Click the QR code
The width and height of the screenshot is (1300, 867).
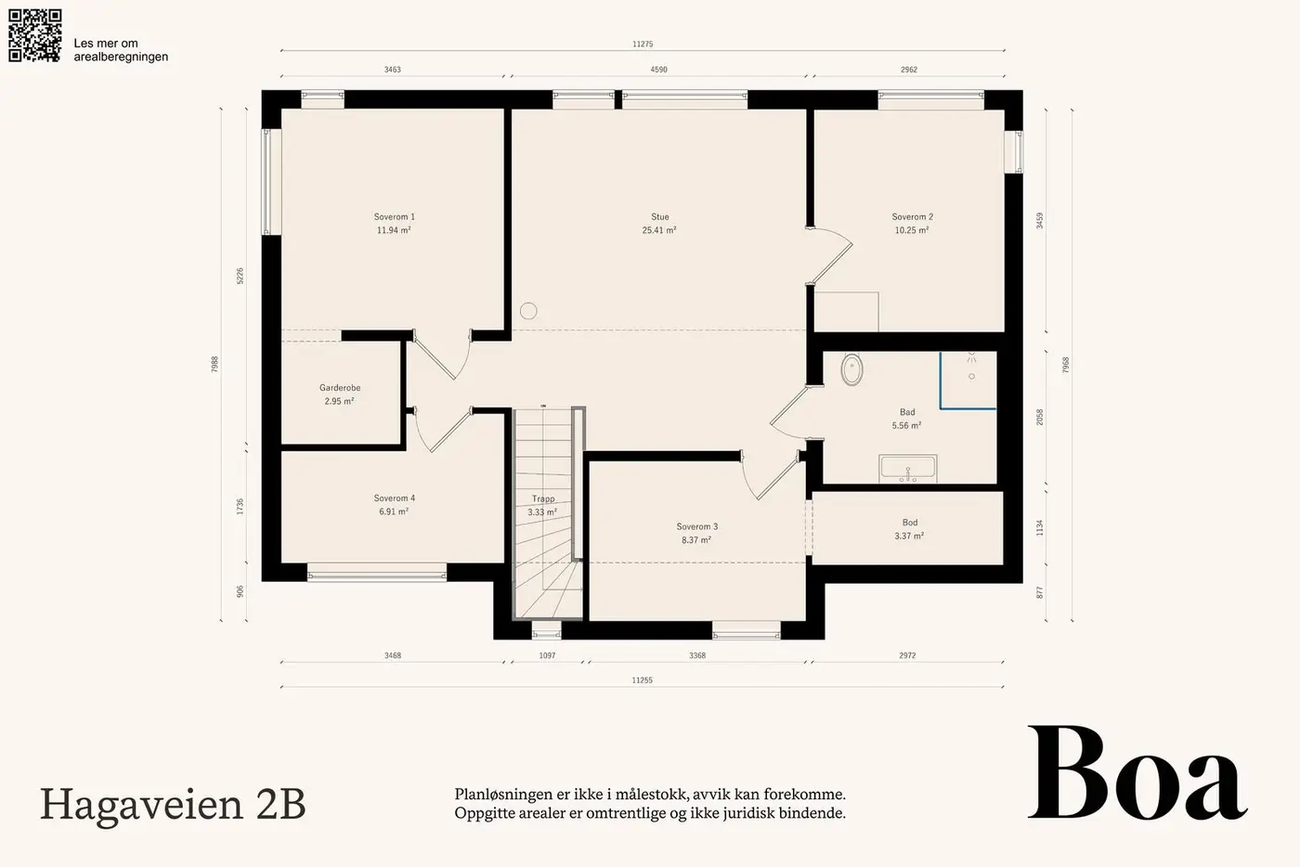[35, 35]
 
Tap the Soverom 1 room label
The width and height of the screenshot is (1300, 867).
[394, 224]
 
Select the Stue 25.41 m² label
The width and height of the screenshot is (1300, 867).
[659, 224]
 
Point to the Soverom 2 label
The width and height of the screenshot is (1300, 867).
[912, 224]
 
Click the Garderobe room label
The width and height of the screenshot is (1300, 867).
[340, 394]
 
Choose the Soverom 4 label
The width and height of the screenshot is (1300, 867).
[394, 505]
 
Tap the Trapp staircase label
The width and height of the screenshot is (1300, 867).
[542, 506]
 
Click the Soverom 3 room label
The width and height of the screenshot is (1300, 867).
[697, 534]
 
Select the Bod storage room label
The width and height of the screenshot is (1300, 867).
[909, 529]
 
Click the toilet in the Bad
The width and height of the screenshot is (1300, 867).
[851, 369]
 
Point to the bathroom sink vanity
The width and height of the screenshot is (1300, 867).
[908, 469]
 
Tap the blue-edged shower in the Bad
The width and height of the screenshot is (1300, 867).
[968, 380]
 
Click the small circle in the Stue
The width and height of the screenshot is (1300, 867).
[528, 311]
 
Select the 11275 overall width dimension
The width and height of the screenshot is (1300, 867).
[643, 45]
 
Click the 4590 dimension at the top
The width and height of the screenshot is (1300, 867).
[658, 70]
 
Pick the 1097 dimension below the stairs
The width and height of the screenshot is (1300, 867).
[547, 655]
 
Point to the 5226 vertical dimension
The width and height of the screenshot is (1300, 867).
[240, 277]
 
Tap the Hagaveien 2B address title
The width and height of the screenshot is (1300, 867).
[173, 804]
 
